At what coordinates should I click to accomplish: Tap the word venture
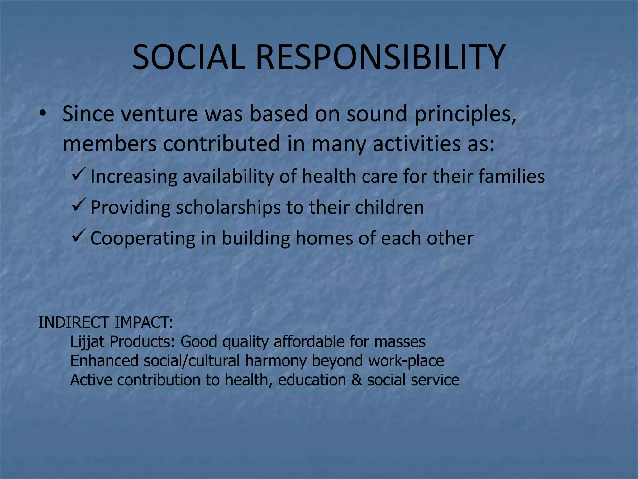[x=159, y=114]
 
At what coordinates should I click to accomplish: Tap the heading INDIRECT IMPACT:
[x=105, y=322]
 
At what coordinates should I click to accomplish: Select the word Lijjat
[x=87, y=342]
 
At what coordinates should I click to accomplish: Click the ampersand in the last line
[x=356, y=380]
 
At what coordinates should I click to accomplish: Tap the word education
[x=312, y=380]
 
